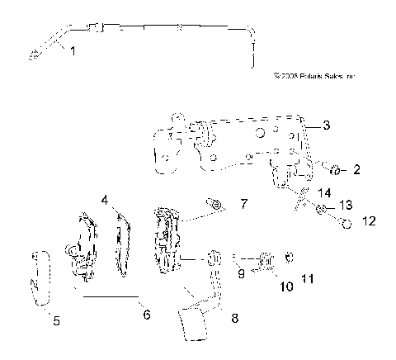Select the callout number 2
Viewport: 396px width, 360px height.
(356, 170)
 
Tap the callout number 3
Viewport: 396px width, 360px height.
(327, 126)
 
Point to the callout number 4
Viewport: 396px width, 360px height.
(105, 200)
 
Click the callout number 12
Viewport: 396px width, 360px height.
(369, 221)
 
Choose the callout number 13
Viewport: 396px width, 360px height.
(345, 204)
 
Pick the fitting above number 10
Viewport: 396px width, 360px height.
(266, 261)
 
